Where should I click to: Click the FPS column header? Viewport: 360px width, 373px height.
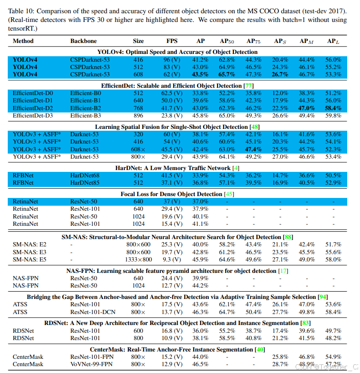tap(172, 41)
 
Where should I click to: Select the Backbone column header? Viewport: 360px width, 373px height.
tap(84, 41)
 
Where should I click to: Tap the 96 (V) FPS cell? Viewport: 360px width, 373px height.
tap(172, 60)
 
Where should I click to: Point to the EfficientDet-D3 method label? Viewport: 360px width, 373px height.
tap(33, 115)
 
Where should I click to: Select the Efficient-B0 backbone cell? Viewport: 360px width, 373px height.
tap(86, 93)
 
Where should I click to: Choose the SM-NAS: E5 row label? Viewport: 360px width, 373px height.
tap(30, 260)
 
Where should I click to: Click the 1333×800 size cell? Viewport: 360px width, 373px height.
tap(138, 260)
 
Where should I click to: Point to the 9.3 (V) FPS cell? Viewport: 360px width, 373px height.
tap(172, 260)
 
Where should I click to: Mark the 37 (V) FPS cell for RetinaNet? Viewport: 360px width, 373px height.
tap(172, 202)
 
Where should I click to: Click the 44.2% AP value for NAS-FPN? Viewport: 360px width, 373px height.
tap(200, 286)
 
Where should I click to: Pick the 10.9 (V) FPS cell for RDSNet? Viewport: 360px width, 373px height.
tap(172, 338)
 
